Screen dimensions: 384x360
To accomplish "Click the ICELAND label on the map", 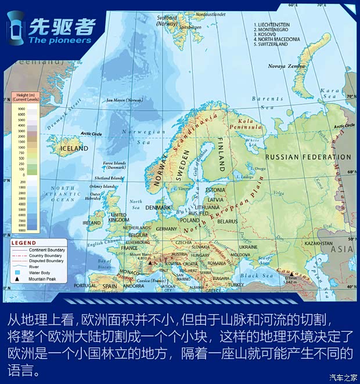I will coord(74,148).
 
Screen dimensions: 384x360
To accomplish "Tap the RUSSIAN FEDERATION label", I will coord(308,157).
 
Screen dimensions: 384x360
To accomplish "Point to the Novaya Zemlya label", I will coord(286,66).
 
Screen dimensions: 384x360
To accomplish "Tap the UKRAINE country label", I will coord(248,247).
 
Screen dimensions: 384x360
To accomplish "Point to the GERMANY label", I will coord(167,229).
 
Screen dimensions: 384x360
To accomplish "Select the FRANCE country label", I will coord(129,248).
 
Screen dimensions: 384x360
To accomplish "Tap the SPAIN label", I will coord(110,286).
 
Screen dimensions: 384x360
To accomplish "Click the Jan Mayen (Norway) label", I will coord(125,100).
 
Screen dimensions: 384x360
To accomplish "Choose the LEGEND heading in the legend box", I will coord(24,242).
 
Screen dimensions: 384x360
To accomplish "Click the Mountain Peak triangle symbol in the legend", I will coord(17,279).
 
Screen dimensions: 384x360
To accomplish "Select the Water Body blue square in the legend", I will coord(17,273).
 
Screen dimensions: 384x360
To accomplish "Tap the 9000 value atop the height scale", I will coord(21,108).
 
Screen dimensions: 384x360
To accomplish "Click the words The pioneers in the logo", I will coord(59,41).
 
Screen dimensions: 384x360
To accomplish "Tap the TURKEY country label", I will coord(236,285).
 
